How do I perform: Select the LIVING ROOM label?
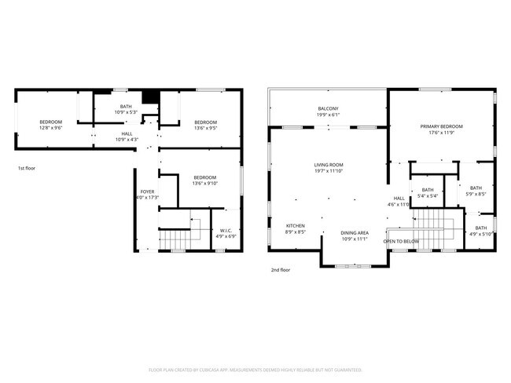point(329,164)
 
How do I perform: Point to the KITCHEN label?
point(295,226)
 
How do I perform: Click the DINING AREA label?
point(355,232)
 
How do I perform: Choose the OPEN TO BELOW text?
point(401,241)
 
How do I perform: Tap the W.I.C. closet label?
point(226,230)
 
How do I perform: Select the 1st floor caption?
point(27,168)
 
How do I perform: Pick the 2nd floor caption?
point(281,270)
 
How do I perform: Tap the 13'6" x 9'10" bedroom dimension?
point(205,184)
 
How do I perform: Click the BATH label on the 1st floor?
point(126,107)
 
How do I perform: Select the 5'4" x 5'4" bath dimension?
point(428,195)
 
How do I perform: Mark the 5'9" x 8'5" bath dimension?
point(476,194)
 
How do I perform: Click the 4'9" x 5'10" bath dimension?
point(480,234)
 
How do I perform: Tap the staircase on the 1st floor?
point(175,237)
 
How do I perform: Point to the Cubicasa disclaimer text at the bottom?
point(255,369)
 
